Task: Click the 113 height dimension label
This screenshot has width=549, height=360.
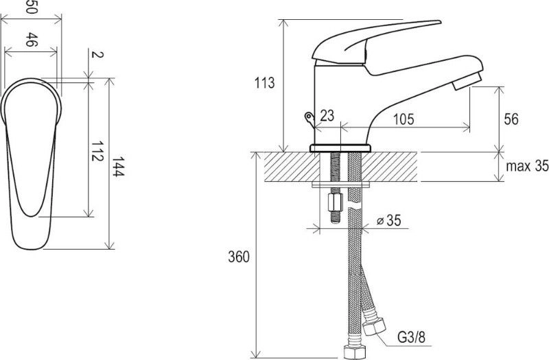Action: click(264, 83)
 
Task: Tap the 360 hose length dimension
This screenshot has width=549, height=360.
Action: click(239, 256)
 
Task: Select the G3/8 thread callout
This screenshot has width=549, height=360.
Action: click(411, 337)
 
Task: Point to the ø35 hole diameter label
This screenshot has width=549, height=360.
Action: click(388, 220)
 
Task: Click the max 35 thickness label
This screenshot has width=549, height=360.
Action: click(527, 166)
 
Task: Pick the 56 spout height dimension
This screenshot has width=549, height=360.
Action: click(511, 119)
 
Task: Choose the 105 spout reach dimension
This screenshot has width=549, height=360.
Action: click(404, 119)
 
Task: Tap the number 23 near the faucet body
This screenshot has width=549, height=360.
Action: click(327, 115)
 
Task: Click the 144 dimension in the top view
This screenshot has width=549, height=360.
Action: click(118, 167)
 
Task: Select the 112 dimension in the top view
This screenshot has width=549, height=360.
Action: click(97, 151)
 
